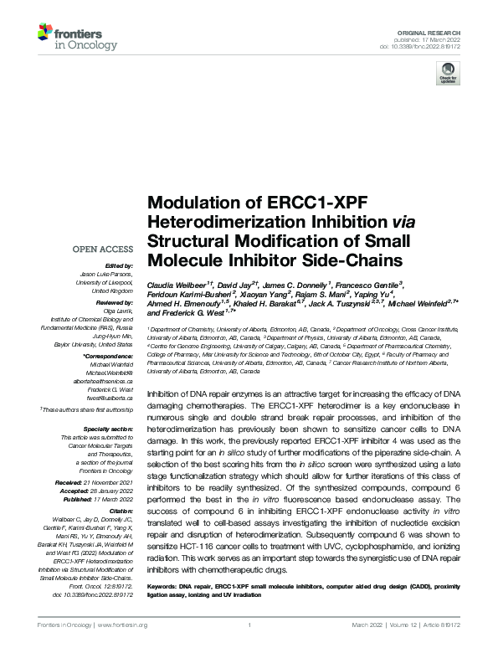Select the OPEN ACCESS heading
click(103, 249)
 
